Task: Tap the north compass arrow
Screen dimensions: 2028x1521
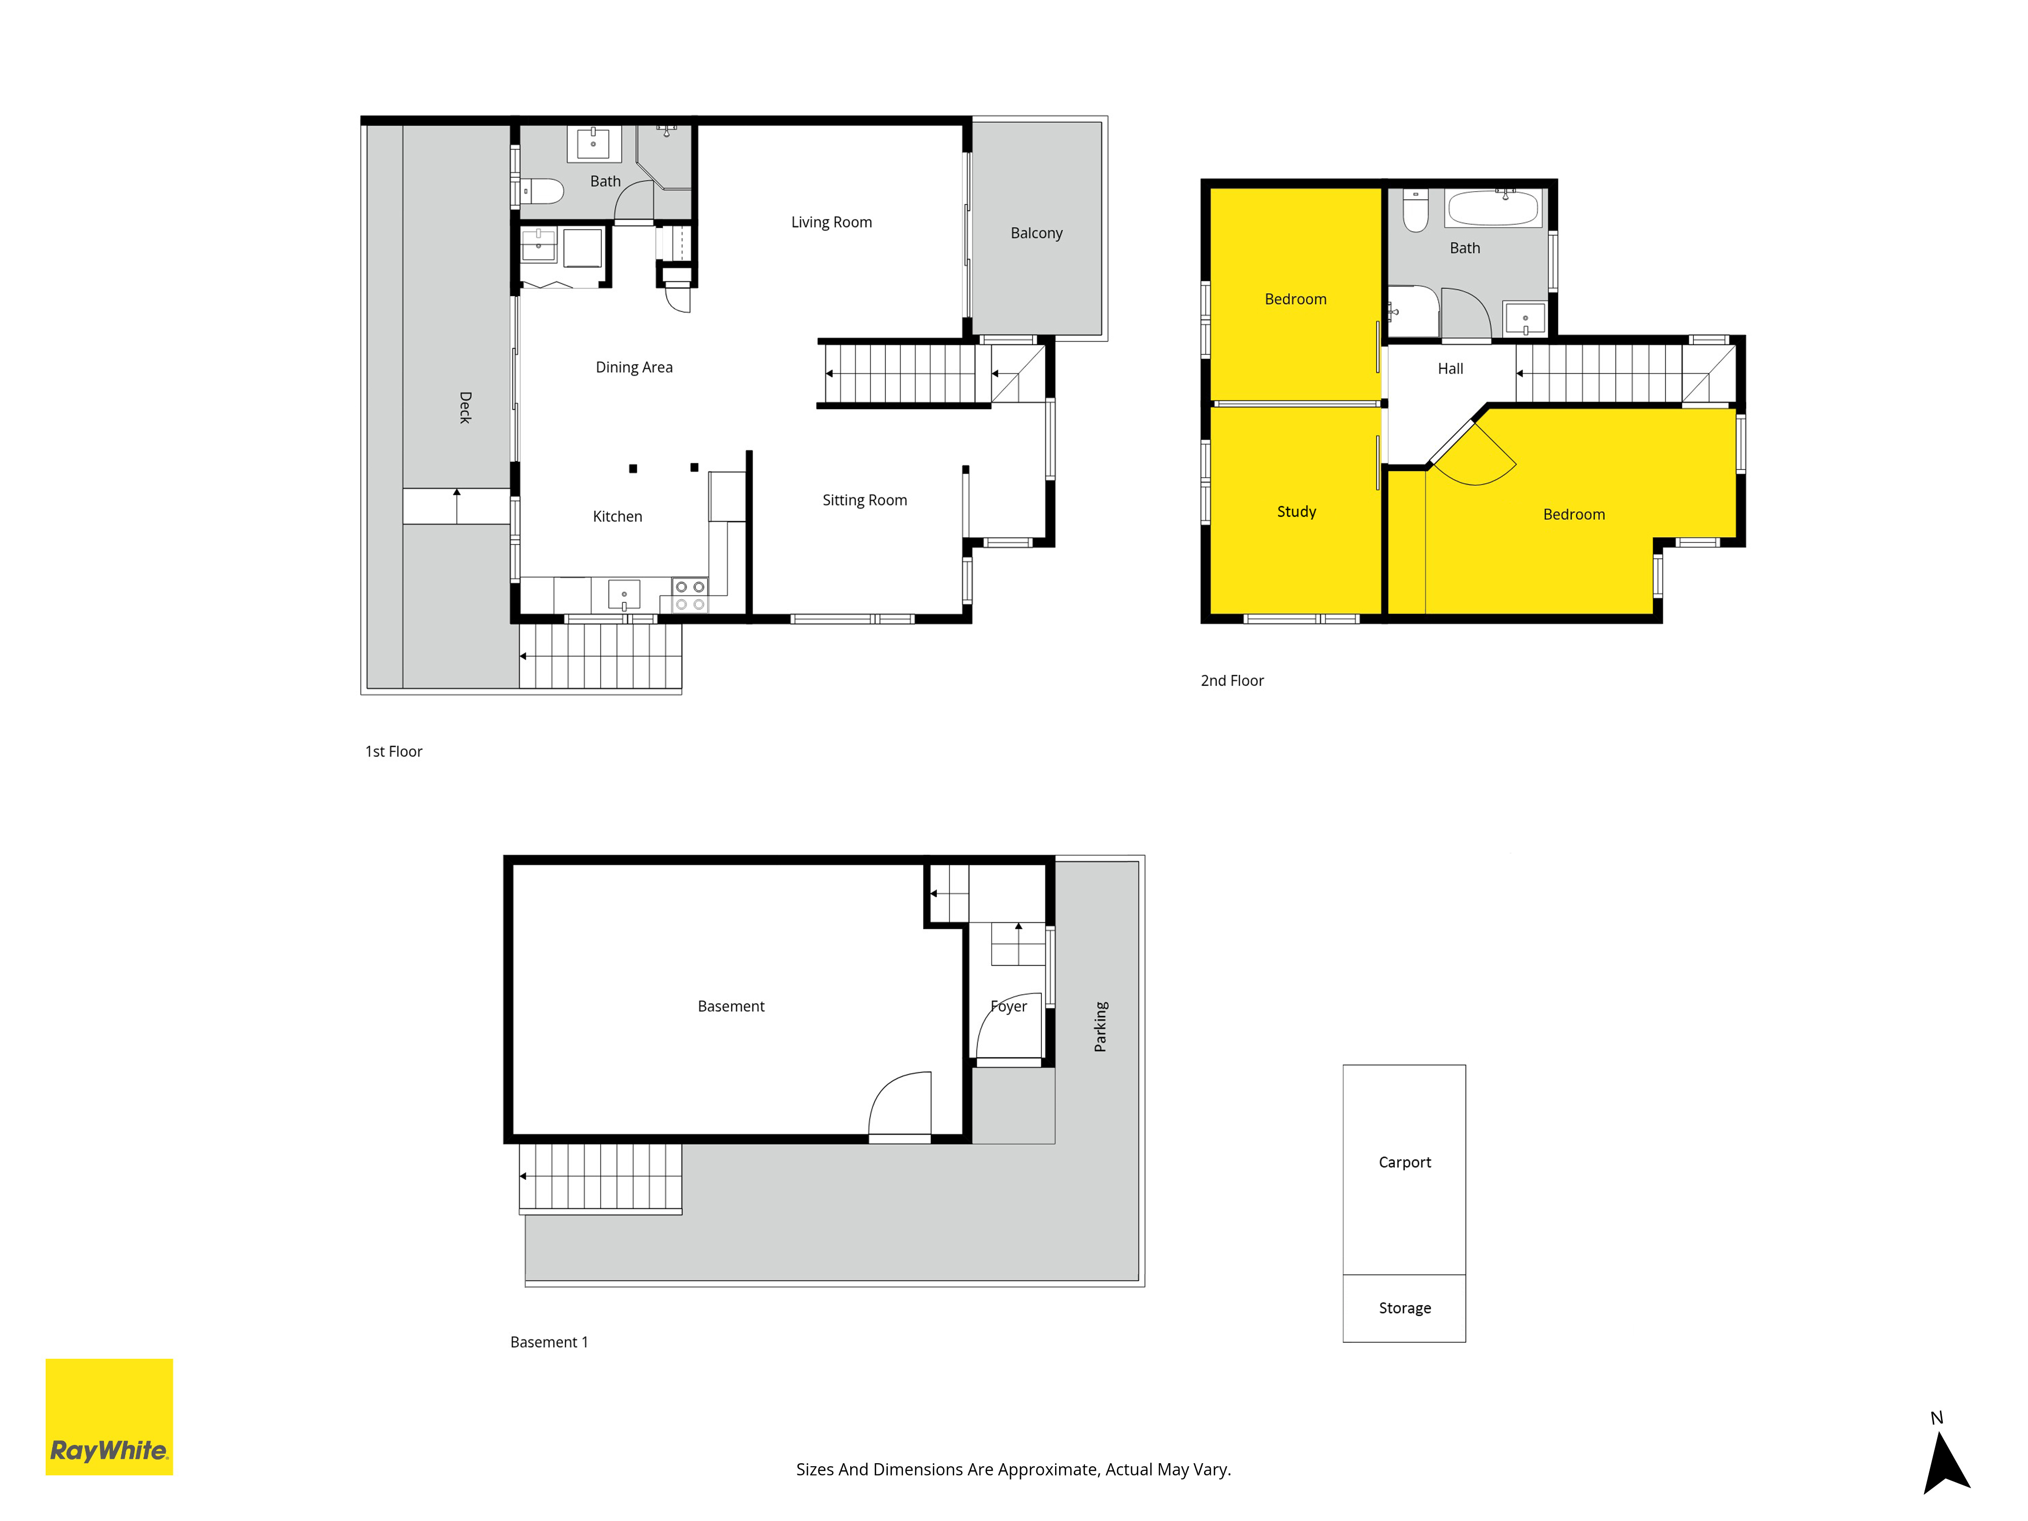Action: (1945, 1463)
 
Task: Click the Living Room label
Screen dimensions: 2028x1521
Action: (831, 222)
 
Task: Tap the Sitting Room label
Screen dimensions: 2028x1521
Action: (864, 500)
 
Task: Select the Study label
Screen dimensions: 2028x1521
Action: (1296, 512)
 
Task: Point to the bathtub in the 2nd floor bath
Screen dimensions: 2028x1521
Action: (1494, 208)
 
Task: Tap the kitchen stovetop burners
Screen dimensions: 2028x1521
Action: (690, 595)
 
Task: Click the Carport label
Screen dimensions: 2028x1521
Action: (1404, 1163)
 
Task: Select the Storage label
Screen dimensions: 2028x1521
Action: (1404, 1308)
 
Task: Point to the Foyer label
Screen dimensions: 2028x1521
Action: (1008, 1007)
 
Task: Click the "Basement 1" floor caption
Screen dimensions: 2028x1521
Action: (549, 1342)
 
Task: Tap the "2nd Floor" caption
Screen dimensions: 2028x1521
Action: (1232, 680)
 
